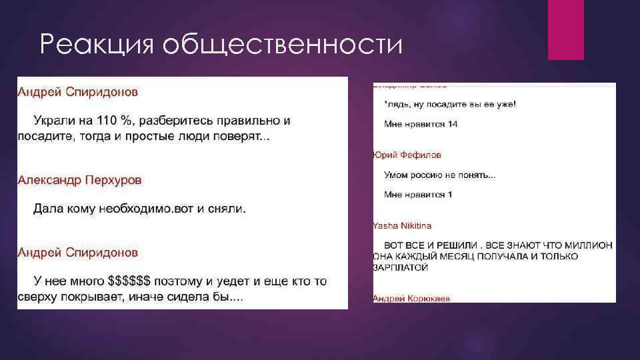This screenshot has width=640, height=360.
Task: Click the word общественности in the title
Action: click(283, 45)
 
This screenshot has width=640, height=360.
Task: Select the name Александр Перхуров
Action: click(79, 180)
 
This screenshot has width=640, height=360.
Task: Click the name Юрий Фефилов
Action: click(407, 155)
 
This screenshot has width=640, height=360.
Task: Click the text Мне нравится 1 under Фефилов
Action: click(418, 195)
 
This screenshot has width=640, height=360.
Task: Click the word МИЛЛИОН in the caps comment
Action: click(589, 245)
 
